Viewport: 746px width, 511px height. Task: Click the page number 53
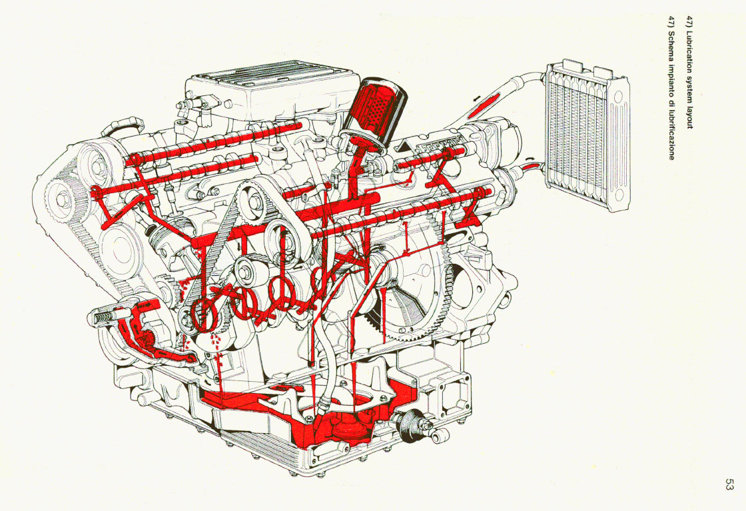click(729, 485)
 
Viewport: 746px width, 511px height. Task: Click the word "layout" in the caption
click(689, 117)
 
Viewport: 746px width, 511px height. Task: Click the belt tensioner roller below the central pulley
click(245, 272)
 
